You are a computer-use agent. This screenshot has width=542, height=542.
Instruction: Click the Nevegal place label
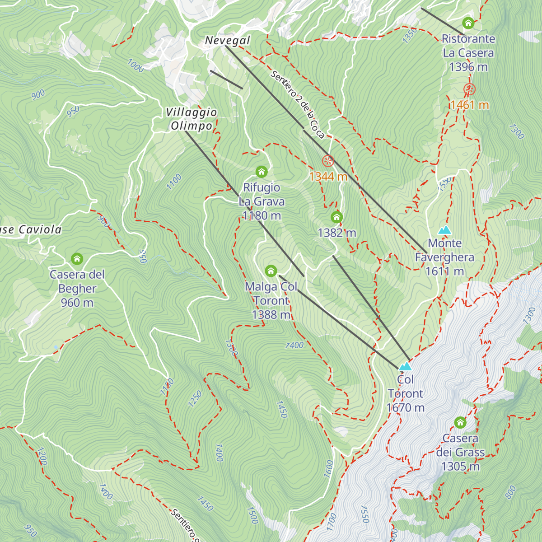[x=227, y=40]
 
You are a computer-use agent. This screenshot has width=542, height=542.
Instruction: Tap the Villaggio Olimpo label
[x=191, y=119]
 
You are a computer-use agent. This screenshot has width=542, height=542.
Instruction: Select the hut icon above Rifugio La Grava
[x=262, y=172]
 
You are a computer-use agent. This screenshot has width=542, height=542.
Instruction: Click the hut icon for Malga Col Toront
[x=271, y=271]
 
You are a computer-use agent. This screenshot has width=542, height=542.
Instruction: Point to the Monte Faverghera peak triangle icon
[x=445, y=230]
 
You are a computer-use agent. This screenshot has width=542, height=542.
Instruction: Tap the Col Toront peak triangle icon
[x=406, y=366]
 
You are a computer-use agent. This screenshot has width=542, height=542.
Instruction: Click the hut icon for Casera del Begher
[x=77, y=259]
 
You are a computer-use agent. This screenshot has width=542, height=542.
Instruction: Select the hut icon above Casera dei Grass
[x=460, y=423]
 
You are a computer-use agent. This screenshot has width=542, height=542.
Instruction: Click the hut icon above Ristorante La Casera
[x=468, y=23]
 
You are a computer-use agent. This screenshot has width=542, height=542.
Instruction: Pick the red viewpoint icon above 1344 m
[x=328, y=161]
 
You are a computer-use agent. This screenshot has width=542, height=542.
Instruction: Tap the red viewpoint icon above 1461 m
[x=469, y=89]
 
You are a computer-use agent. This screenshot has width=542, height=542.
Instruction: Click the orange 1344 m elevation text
[x=328, y=177]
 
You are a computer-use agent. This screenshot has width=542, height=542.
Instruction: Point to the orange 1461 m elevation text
[x=469, y=105]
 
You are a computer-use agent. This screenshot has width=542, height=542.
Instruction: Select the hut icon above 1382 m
[x=336, y=217]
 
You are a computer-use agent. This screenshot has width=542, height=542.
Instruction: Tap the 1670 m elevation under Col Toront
[x=406, y=408]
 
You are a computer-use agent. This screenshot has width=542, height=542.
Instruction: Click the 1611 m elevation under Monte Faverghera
[x=445, y=271]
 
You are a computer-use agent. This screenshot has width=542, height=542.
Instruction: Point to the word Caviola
[x=40, y=230]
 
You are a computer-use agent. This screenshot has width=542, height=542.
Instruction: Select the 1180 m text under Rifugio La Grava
[x=262, y=216]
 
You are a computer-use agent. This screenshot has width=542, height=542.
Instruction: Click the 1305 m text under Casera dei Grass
[x=460, y=467]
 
